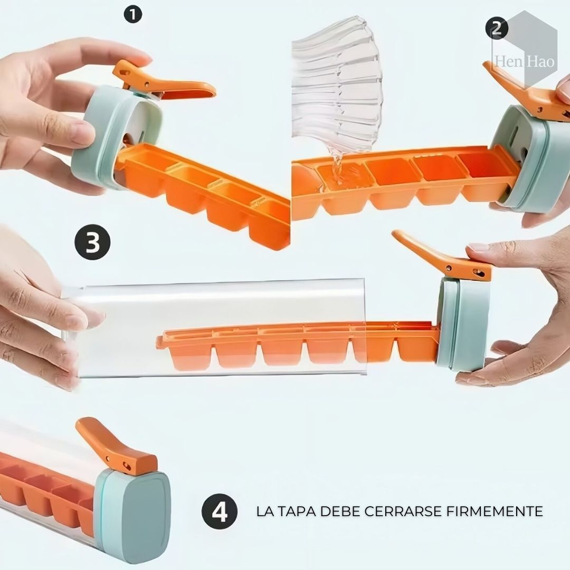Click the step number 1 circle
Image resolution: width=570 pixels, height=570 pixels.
tap(132, 14)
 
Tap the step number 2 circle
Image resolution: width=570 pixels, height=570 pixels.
tap(496, 28)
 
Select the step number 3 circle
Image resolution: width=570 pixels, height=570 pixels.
tap(92, 243)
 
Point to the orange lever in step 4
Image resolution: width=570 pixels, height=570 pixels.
tap(113, 449)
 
